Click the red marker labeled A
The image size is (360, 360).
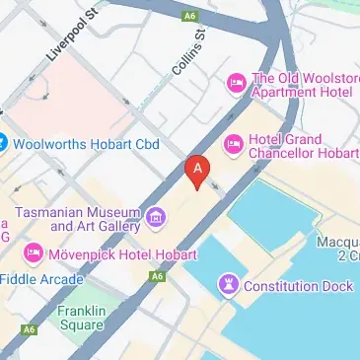(197, 171)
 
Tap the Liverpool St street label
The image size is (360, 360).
(74, 38)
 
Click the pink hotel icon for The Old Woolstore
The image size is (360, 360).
(236, 81)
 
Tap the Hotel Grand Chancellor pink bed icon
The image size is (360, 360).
(234, 144)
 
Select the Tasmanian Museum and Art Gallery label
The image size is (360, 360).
(81, 218)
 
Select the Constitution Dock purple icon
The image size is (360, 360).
(229, 285)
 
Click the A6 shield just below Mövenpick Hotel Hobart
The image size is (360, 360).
(156, 277)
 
